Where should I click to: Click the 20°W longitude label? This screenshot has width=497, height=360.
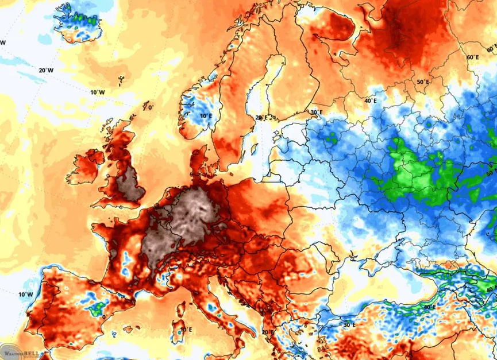tap(47, 70)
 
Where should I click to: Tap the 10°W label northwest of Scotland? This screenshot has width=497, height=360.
tap(98, 92)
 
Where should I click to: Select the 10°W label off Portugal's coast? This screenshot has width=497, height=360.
tap(25, 295)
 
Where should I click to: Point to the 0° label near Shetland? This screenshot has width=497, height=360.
tap(151, 107)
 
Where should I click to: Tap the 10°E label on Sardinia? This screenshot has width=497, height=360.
tap(186, 330)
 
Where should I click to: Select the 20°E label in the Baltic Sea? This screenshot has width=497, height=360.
tap(261, 118)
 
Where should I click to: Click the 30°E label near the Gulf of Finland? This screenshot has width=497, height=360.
tap(315, 112)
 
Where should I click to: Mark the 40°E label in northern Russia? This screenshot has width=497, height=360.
tap(370, 100)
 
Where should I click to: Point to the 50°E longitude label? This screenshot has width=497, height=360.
tap(422, 82)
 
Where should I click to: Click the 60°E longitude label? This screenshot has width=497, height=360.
tap(472, 57)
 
